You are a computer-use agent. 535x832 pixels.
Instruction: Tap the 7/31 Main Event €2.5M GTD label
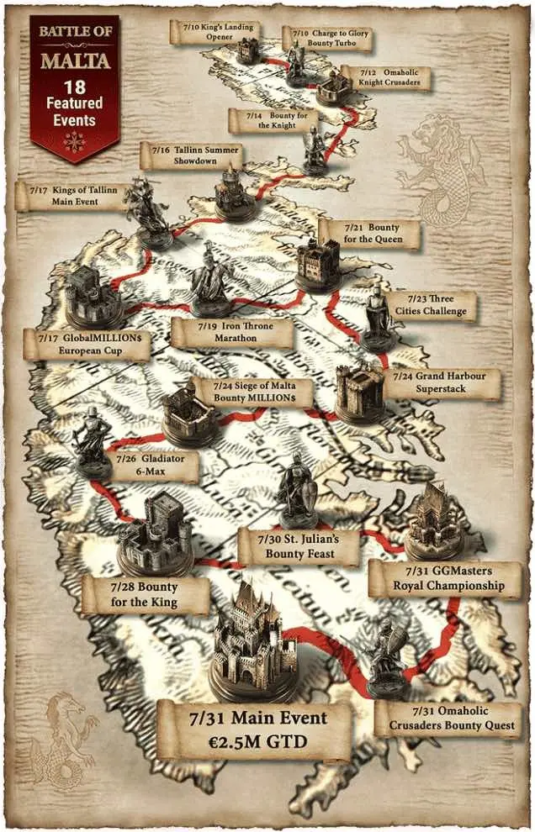(254, 729)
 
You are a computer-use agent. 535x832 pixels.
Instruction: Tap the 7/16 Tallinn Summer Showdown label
(190, 155)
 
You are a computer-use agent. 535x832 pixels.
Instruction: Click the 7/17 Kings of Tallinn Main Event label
(72, 197)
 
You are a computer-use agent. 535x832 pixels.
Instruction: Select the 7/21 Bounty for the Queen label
(370, 234)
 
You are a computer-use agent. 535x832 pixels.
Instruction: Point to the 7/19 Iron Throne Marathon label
(233, 332)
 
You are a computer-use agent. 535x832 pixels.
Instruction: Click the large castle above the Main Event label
(257, 642)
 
